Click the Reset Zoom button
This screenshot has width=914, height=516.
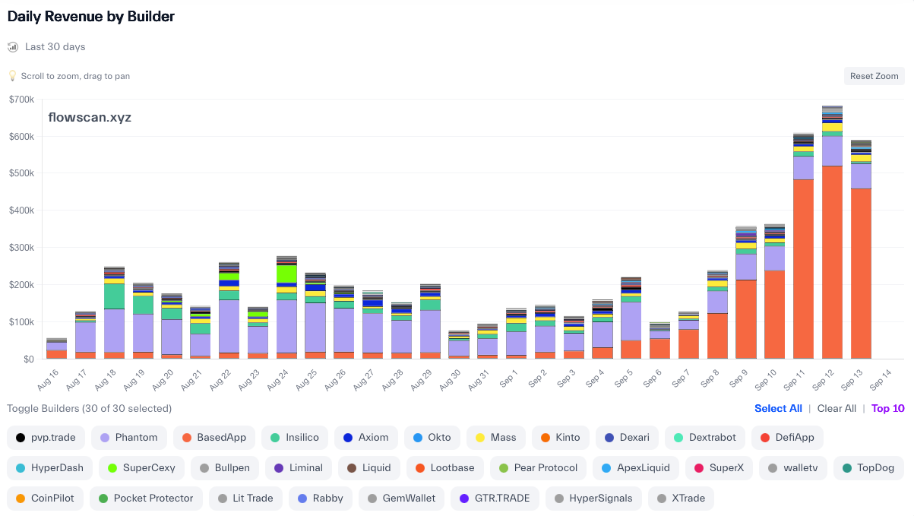click(874, 76)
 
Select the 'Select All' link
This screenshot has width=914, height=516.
click(778, 408)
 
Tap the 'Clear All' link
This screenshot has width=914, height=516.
click(837, 408)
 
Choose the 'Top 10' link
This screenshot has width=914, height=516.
click(887, 408)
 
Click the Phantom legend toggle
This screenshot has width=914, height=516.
click(128, 437)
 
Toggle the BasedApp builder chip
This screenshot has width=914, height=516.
click(213, 437)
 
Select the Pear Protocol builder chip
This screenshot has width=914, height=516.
click(538, 467)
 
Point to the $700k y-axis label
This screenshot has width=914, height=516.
click(21, 100)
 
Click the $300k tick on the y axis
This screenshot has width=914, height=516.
click(21, 248)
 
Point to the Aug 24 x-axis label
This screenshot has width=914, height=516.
click(282, 374)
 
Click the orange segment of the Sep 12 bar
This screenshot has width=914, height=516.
click(832, 262)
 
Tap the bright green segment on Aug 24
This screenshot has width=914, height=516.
click(286, 274)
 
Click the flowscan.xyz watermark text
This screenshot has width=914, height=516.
click(90, 117)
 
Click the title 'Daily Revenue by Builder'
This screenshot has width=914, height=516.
click(91, 16)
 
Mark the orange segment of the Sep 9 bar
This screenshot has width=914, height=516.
click(745, 319)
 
